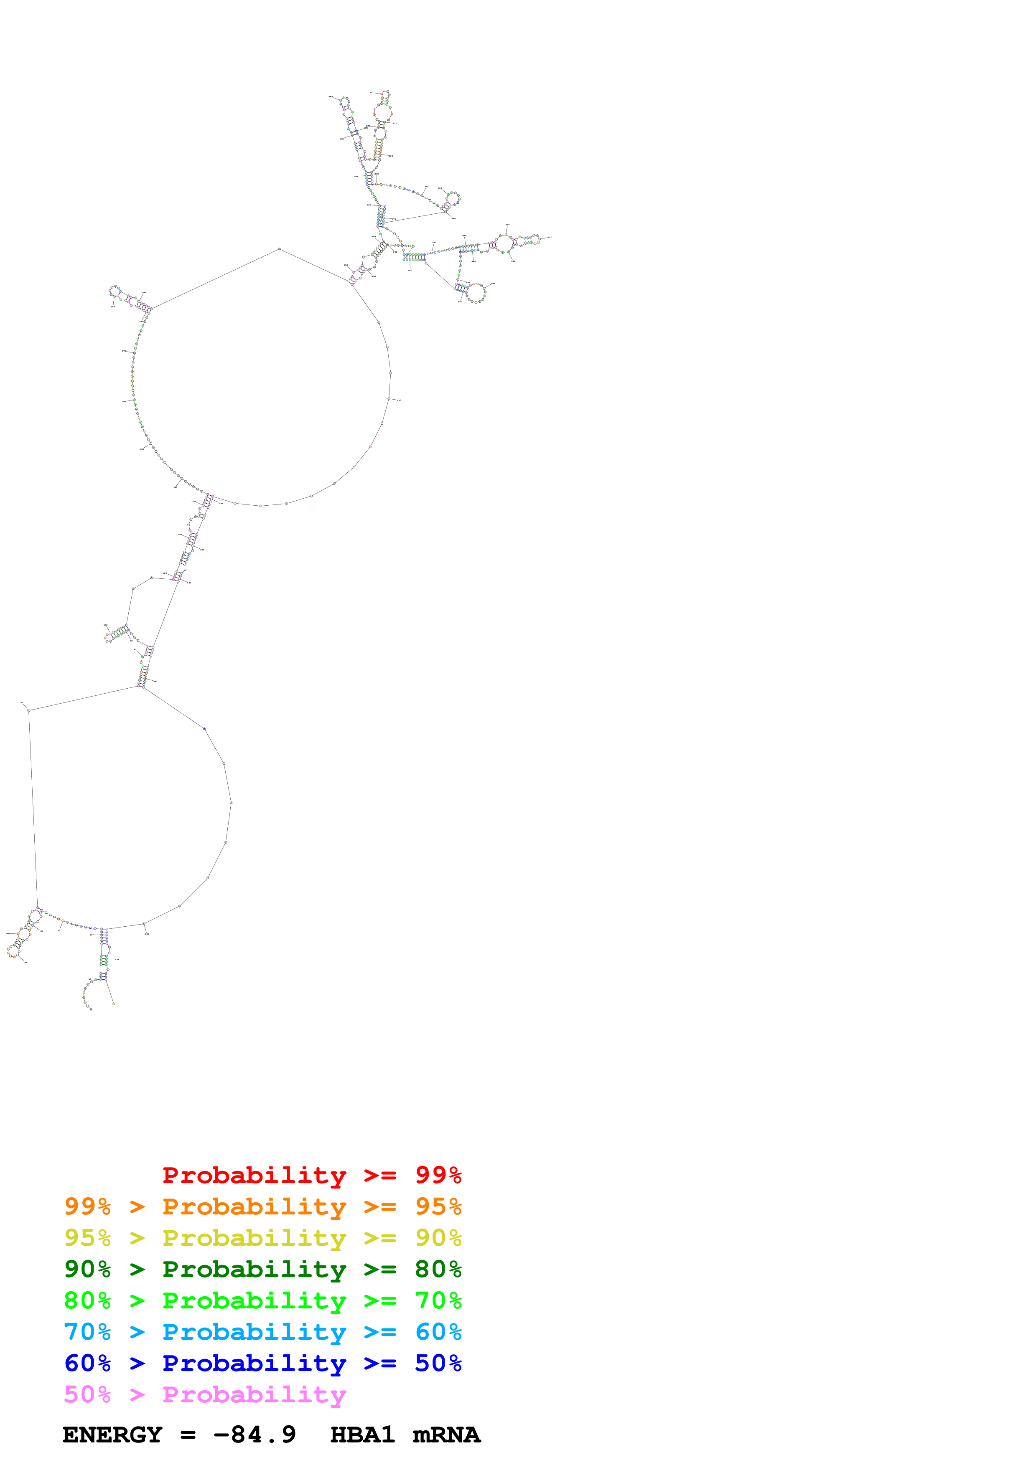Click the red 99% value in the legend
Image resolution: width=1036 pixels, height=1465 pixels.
click(x=438, y=1175)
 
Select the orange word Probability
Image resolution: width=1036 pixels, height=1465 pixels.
click(x=254, y=1206)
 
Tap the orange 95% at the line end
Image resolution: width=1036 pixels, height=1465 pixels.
click(x=438, y=1206)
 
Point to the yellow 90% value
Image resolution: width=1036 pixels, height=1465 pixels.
click(x=438, y=1238)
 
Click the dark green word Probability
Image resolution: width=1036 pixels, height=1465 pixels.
click(x=254, y=1269)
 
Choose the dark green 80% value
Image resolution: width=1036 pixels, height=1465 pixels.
click(x=438, y=1269)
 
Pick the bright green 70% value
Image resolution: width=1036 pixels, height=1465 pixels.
click(x=438, y=1300)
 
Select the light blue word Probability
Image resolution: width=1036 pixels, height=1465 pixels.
click(x=254, y=1332)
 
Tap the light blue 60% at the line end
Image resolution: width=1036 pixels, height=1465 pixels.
click(x=438, y=1332)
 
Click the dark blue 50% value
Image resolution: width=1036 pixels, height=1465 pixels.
click(x=438, y=1363)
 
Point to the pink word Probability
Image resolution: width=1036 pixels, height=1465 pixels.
click(x=254, y=1394)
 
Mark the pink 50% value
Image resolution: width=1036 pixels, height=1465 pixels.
click(x=87, y=1394)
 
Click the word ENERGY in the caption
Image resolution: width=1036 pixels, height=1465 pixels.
click(x=112, y=1435)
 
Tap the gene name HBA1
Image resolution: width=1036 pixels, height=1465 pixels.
click(x=362, y=1435)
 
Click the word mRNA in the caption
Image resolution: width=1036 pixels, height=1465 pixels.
click(x=446, y=1435)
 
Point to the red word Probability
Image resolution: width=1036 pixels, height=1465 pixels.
click(x=254, y=1175)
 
